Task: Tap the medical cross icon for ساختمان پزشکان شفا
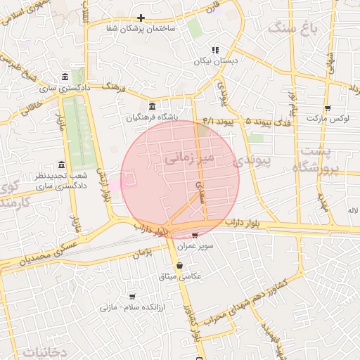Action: [x=141, y=18]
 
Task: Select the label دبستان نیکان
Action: [x=215, y=61]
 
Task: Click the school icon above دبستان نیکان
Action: [x=215, y=51]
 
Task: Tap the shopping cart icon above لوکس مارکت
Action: [x=328, y=108]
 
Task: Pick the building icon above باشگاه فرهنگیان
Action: [x=153, y=106]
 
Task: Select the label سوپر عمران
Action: [x=195, y=246]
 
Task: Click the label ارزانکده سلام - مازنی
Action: [x=131, y=307]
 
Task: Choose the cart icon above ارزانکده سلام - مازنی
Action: [x=131, y=297]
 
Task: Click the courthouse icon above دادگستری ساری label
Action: [x=65, y=77]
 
